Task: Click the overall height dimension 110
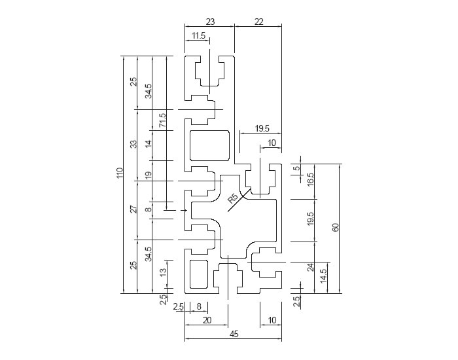tap(120, 174)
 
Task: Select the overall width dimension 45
tap(234, 334)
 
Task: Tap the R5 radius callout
tap(232, 198)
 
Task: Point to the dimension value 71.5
tap(162, 120)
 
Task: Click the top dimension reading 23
tap(209, 22)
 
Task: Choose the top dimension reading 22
tap(258, 22)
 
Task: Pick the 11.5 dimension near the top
tap(198, 35)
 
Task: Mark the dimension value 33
tap(133, 144)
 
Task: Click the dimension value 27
tap(133, 209)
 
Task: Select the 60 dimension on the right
tap(336, 227)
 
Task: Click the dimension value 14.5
tap(323, 276)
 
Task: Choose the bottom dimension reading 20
tap(207, 320)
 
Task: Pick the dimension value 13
tap(162, 266)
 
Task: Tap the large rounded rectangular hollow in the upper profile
tap(210, 145)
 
